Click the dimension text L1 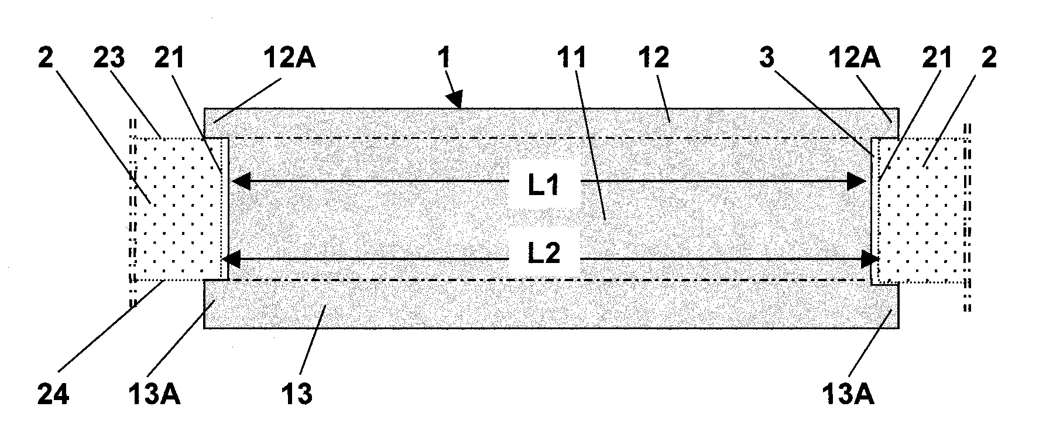point(544,185)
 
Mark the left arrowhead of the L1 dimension point(241,182)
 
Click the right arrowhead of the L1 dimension point(857,182)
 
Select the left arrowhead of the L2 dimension point(233,258)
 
